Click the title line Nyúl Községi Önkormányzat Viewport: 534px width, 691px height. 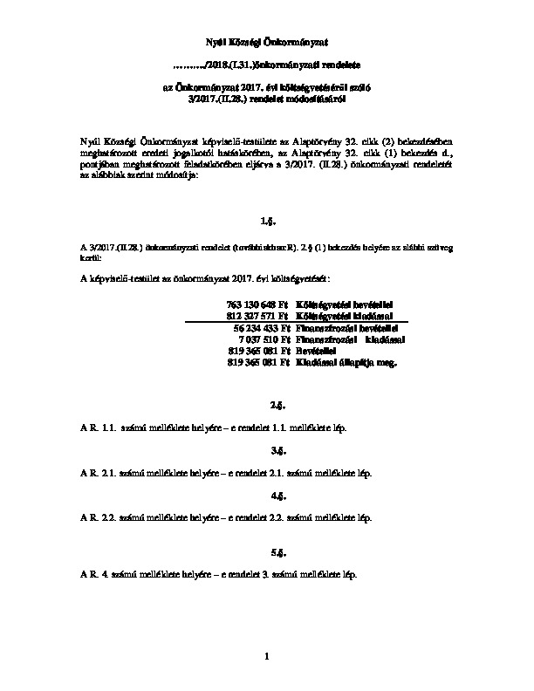pyautogui.click(x=266, y=40)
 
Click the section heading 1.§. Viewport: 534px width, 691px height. pyautogui.click(x=267, y=222)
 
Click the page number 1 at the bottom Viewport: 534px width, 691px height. pyautogui.click(x=267, y=655)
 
